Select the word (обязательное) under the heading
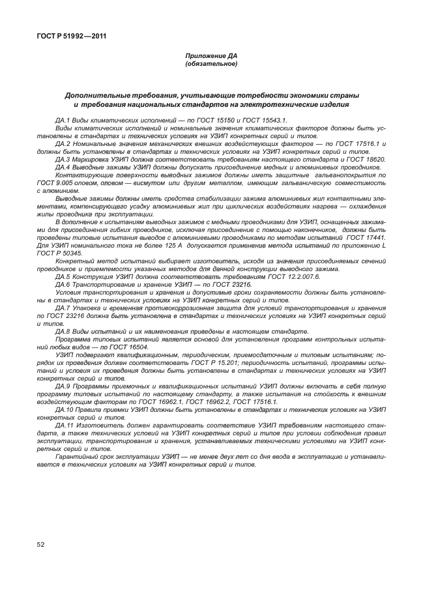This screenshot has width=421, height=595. pyautogui.click(x=210, y=65)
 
